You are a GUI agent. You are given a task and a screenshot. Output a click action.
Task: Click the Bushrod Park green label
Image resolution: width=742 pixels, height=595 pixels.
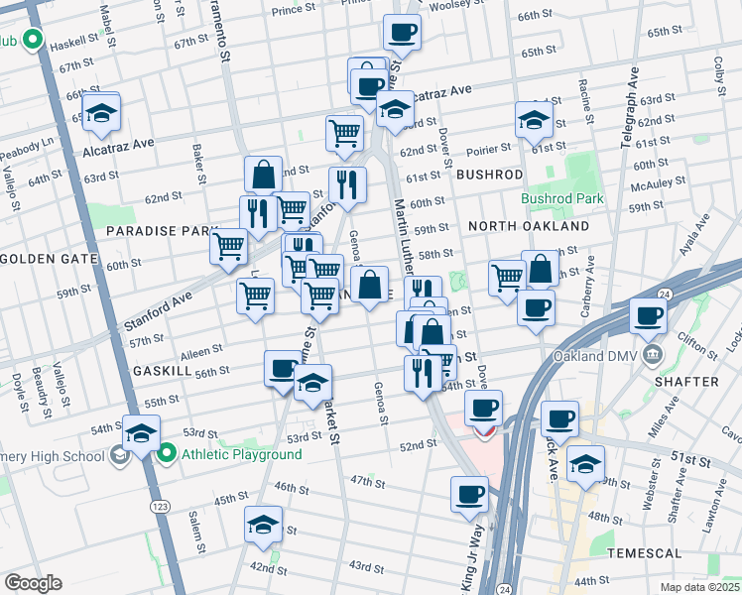(x=562, y=198)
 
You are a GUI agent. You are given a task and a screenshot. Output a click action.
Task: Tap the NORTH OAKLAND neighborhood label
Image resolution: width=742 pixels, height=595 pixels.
(x=528, y=226)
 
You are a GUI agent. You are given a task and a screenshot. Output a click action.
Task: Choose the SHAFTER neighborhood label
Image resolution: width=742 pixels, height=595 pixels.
(x=687, y=381)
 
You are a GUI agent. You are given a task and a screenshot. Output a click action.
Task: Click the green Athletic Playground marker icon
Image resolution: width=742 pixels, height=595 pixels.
(x=167, y=455)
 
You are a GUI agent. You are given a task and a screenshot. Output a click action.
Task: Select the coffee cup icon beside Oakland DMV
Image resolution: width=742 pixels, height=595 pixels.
(x=649, y=317)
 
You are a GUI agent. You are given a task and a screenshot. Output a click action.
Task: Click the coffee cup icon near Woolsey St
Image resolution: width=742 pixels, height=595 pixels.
(x=402, y=33)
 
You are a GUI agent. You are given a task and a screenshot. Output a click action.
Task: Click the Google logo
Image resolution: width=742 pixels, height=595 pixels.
(x=33, y=583)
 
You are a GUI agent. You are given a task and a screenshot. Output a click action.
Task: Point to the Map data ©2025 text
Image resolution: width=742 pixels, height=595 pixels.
(x=699, y=587)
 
